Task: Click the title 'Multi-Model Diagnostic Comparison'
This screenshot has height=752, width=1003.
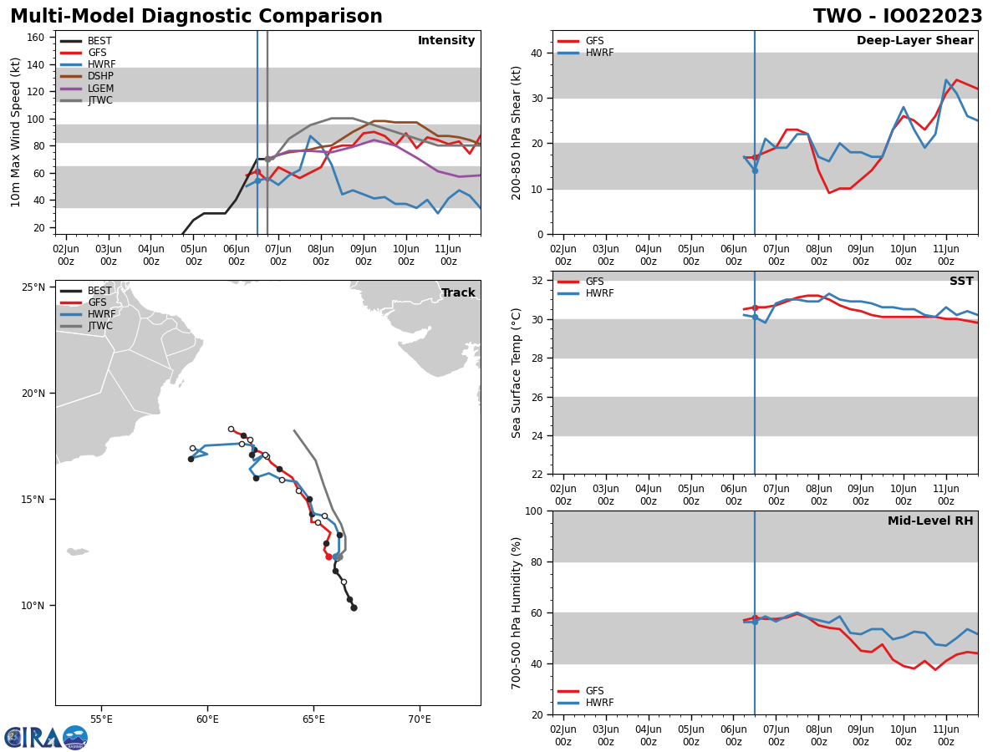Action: (196, 17)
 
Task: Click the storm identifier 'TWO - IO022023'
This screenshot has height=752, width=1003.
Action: (898, 17)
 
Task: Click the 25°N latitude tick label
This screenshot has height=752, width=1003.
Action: (33, 287)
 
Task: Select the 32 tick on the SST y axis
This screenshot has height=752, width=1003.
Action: (537, 281)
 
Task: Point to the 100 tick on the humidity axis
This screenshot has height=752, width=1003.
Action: (533, 511)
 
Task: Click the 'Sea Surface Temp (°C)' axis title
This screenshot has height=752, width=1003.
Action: (517, 373)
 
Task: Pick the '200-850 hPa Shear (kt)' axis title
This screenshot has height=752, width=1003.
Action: (517, 132)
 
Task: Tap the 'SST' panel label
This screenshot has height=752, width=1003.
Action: (961, 282)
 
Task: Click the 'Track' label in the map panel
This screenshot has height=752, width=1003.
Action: (458, 293)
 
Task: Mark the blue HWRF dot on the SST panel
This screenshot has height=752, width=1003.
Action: (755, 318)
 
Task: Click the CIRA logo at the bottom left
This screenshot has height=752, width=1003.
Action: (46, 738)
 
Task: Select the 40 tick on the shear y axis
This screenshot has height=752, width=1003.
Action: (537, 53)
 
